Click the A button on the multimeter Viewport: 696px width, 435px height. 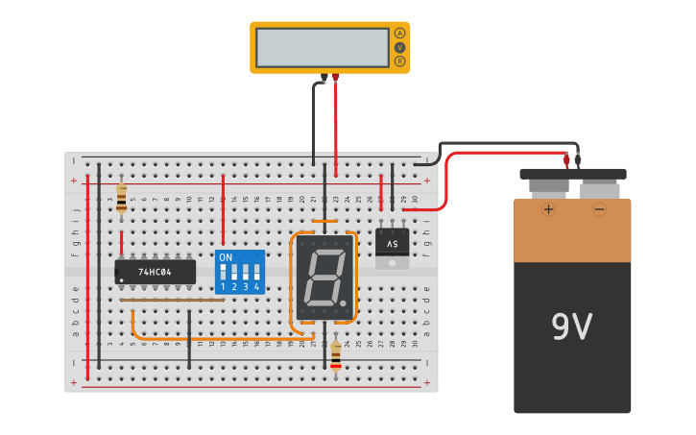pos(399,34)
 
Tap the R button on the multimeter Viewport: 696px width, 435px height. pos(399,61)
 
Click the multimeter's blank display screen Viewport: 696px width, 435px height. pos(322,47)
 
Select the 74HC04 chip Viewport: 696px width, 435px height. pos(155,272)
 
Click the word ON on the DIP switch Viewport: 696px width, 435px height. pos(226,257)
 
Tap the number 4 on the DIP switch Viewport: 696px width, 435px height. pos(256,287)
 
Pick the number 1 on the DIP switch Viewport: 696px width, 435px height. pos(223,287)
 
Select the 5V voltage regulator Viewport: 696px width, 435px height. pos(392,246)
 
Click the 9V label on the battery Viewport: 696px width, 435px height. pos(571,327)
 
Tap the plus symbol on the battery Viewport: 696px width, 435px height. pos(548,209)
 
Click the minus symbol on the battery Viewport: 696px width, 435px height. pos(599,209)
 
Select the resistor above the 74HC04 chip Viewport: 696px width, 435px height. pos(121,198)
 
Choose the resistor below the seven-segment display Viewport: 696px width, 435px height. pos(335,356)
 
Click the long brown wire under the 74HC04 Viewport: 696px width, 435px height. pos(173,300)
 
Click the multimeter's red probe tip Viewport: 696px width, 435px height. pos(336,77)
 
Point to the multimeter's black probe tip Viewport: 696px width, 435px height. pos(324,78)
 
